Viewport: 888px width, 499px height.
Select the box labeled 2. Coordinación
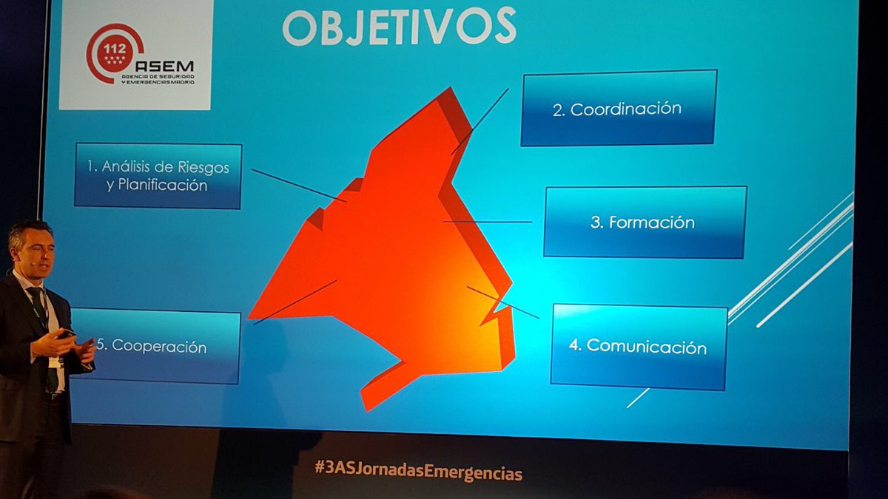pos(619,108)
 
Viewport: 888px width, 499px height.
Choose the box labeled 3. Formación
pos(644,222)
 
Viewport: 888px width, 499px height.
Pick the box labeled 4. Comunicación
pos(639,346)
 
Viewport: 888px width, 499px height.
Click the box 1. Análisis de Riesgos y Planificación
pos(158,176)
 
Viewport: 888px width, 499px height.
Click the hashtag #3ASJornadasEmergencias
pos(418,471)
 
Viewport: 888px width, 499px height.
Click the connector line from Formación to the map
pos(488,221)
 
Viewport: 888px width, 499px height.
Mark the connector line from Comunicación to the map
pos(503,302)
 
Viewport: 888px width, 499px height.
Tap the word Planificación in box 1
pos(157,186)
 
